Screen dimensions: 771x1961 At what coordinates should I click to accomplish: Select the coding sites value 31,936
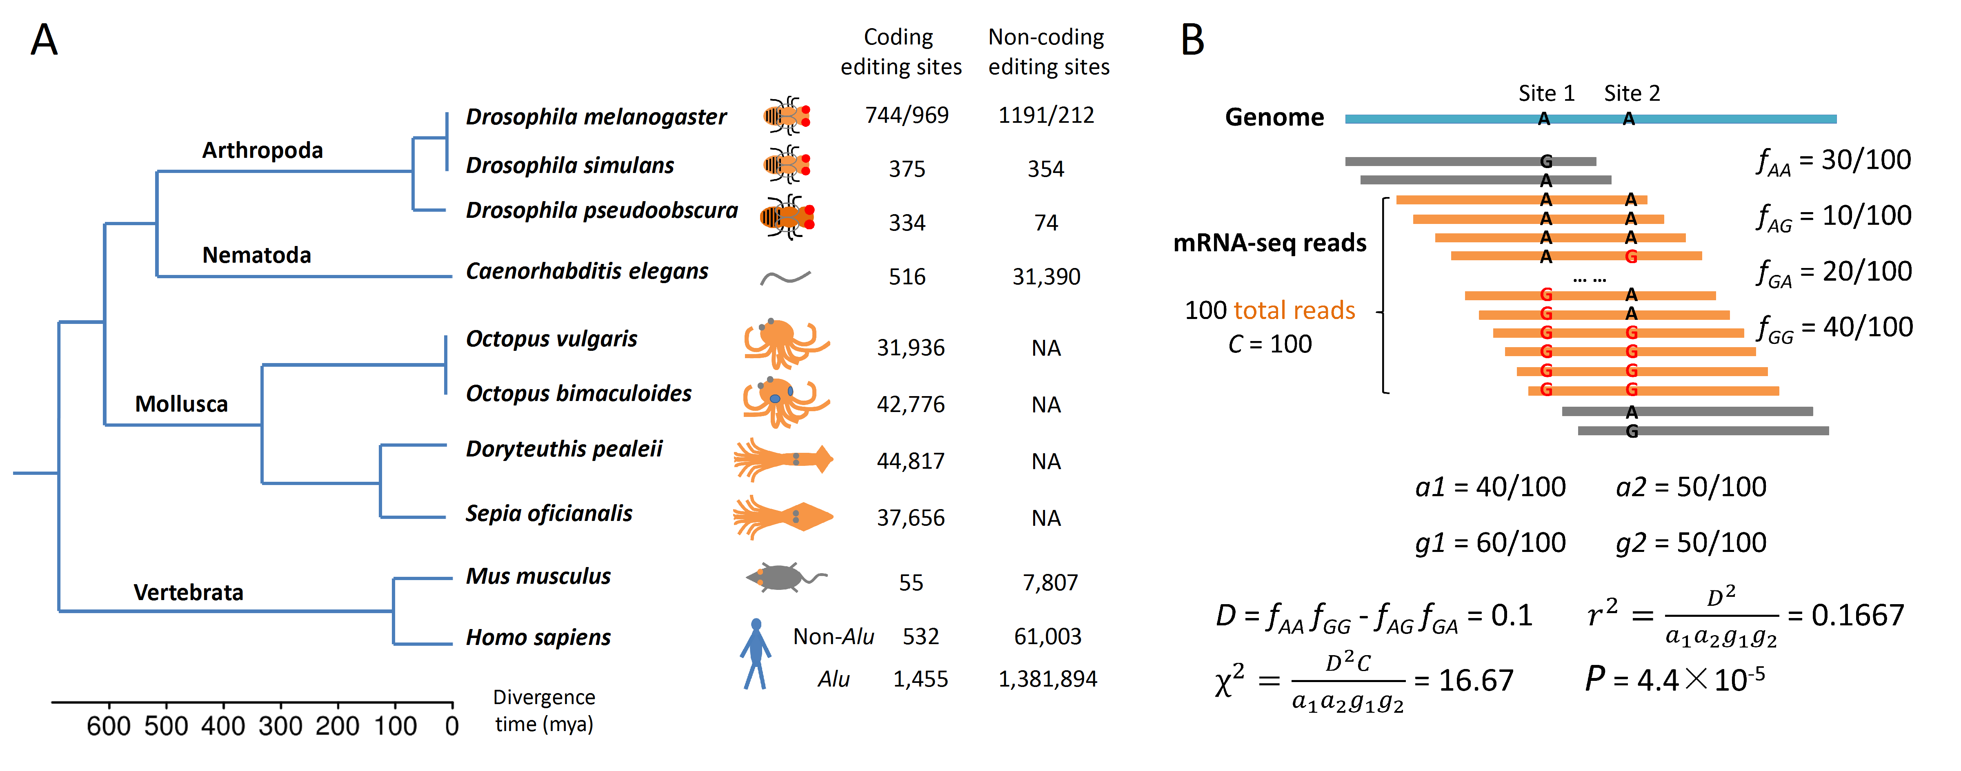pos(910,348)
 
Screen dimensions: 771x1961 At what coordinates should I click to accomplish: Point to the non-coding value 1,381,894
pos(1047,679)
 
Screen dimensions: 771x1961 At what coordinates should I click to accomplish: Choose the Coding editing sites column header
pos(900,52)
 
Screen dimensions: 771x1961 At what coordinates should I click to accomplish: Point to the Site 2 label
pos(1631,93)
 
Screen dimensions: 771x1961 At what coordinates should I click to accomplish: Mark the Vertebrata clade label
pos(188,592)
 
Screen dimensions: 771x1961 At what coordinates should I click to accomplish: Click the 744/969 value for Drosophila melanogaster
pos(907,115)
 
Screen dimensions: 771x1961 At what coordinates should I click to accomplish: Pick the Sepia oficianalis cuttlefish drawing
pos(783,518)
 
